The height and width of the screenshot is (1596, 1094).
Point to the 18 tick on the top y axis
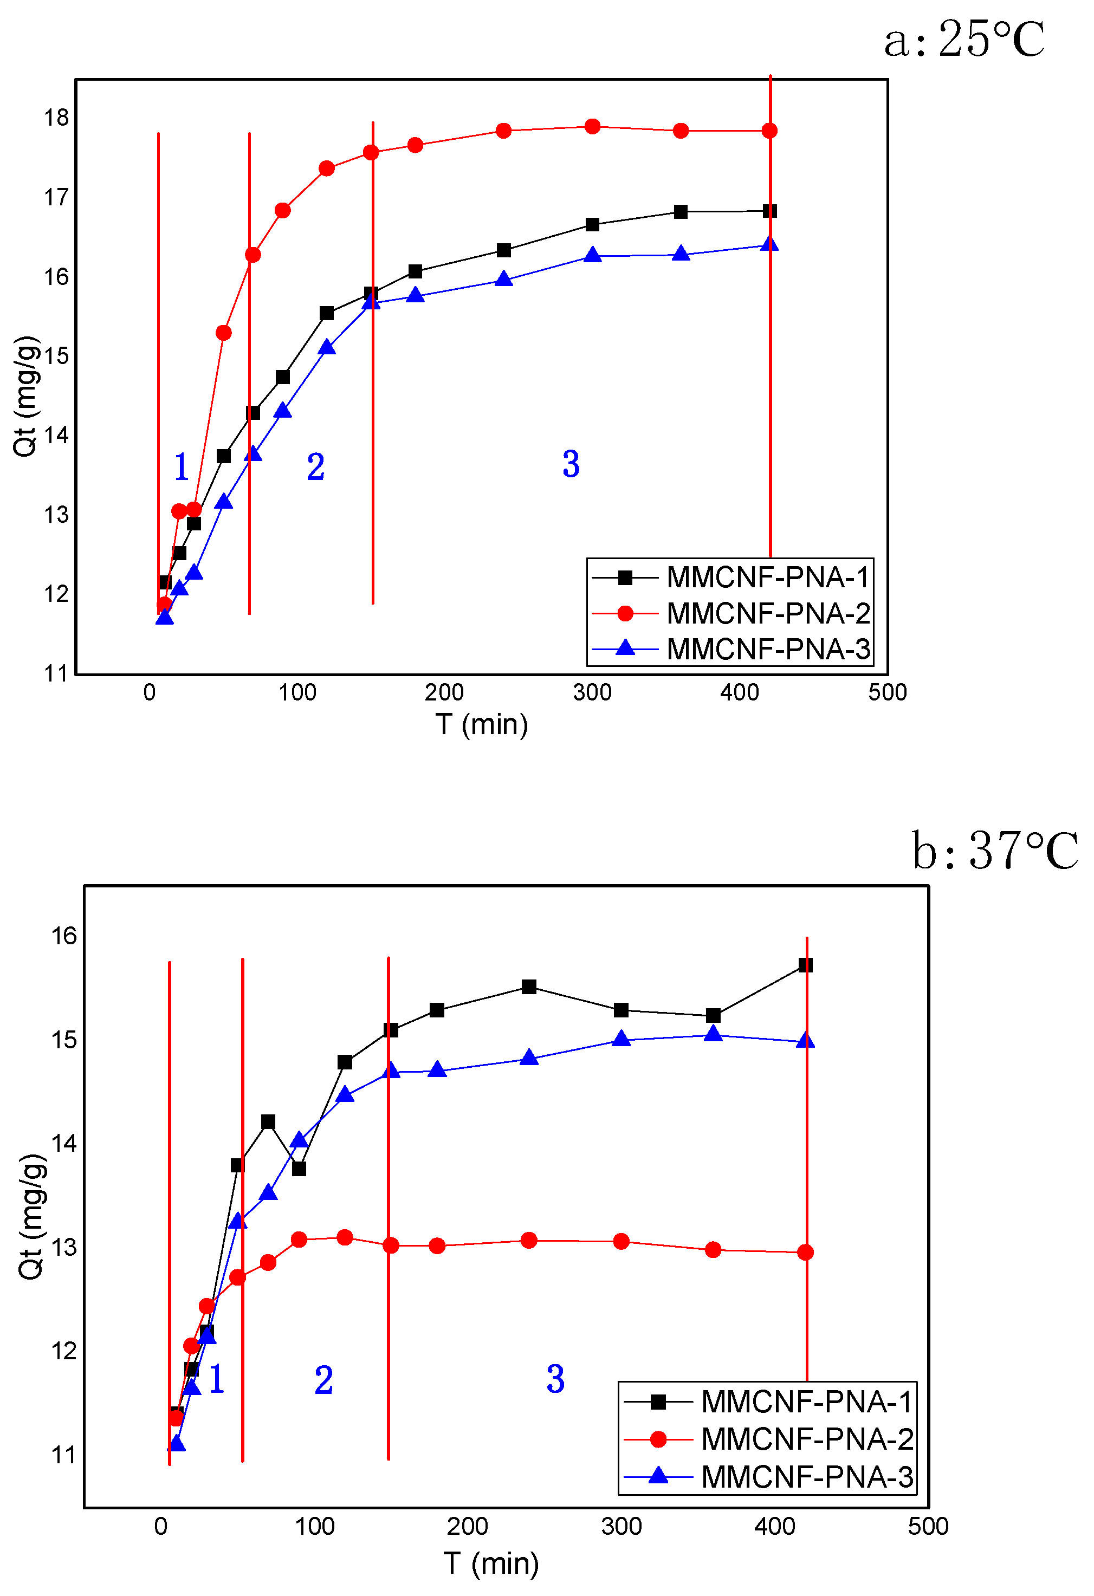56,118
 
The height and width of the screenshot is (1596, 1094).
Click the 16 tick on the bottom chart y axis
64,936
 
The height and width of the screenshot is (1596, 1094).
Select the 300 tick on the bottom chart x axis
621,1526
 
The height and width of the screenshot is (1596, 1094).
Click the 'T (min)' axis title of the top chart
481,724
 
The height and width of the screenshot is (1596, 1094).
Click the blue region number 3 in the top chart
571,464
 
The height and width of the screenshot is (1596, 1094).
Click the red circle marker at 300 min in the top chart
592,126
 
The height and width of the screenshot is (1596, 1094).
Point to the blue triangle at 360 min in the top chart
681,254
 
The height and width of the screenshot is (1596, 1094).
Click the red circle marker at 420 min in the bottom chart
806,1252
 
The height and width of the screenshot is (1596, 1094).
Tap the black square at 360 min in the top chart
681,211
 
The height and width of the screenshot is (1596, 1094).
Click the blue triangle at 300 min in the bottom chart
621,1039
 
